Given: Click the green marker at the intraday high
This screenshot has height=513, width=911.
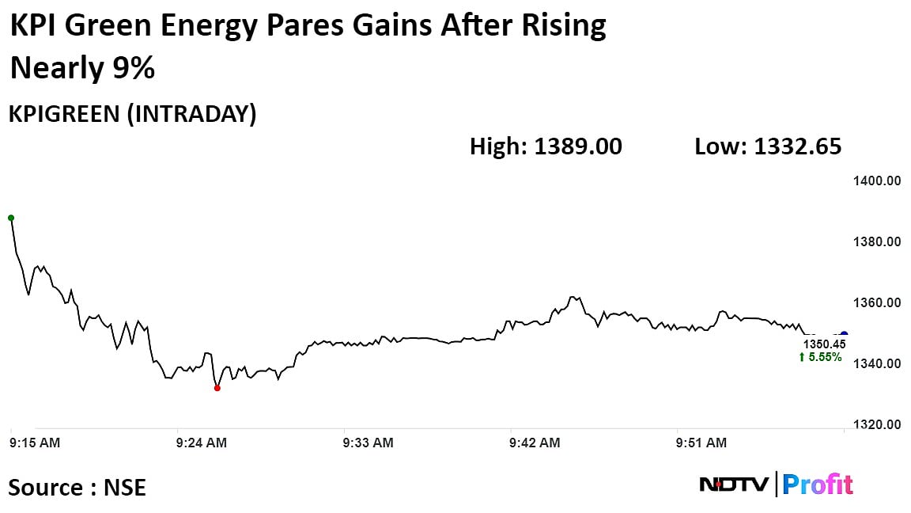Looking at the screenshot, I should tap(11, 218).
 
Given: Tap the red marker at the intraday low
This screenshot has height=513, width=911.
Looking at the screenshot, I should tap(217, 388).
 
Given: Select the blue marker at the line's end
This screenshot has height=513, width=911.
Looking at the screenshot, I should tap(844, 335).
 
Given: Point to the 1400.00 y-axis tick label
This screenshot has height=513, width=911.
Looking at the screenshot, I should tap(877, 181).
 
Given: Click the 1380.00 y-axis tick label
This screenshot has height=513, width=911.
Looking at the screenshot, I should tap(877, 242).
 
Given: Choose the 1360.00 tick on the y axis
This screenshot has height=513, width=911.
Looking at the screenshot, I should tap(877, 303).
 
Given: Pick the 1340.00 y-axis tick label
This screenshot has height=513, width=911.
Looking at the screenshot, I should tap(877, 364).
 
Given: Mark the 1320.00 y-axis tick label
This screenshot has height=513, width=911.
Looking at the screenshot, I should tap(877, 425).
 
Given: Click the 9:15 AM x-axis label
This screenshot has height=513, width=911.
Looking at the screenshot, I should tap(35, 443).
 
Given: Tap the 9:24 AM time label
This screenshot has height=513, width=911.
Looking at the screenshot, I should tap(202, 443).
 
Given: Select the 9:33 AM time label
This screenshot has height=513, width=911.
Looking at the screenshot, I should tap(369, 443).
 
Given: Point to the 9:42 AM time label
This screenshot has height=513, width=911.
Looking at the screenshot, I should tap(535, 443).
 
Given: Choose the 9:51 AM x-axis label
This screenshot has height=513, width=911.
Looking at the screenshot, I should tap(702, 443).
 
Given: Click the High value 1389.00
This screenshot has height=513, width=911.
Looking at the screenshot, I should tap(578, 146).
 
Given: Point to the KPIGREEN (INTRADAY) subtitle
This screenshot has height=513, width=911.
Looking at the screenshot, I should tap(133, 115).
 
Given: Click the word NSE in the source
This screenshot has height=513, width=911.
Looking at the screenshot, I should tap(125, 487).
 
